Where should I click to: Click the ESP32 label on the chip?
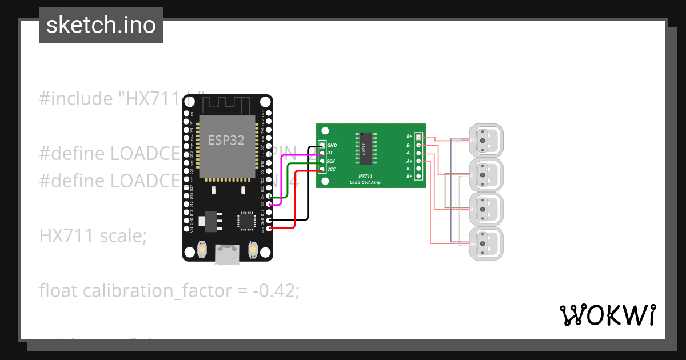pos(226,141)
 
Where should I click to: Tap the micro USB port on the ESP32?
pos(228,255)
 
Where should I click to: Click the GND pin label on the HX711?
pos(332,146)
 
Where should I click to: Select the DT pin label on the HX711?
pos(330,153)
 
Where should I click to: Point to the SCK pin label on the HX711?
pos(331,161)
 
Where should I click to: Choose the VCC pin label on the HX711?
pos(331,169)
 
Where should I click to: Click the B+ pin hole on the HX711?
pos(418,177)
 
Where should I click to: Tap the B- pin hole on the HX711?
pos(418,169)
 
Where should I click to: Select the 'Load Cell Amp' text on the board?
pos(366,182)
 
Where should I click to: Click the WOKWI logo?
pos(607,315)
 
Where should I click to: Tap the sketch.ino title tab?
pos(101,25)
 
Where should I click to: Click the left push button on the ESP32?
pos(202,249)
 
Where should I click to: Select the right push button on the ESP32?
pos(253,249)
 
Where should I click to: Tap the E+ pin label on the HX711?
pos(409,137)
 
